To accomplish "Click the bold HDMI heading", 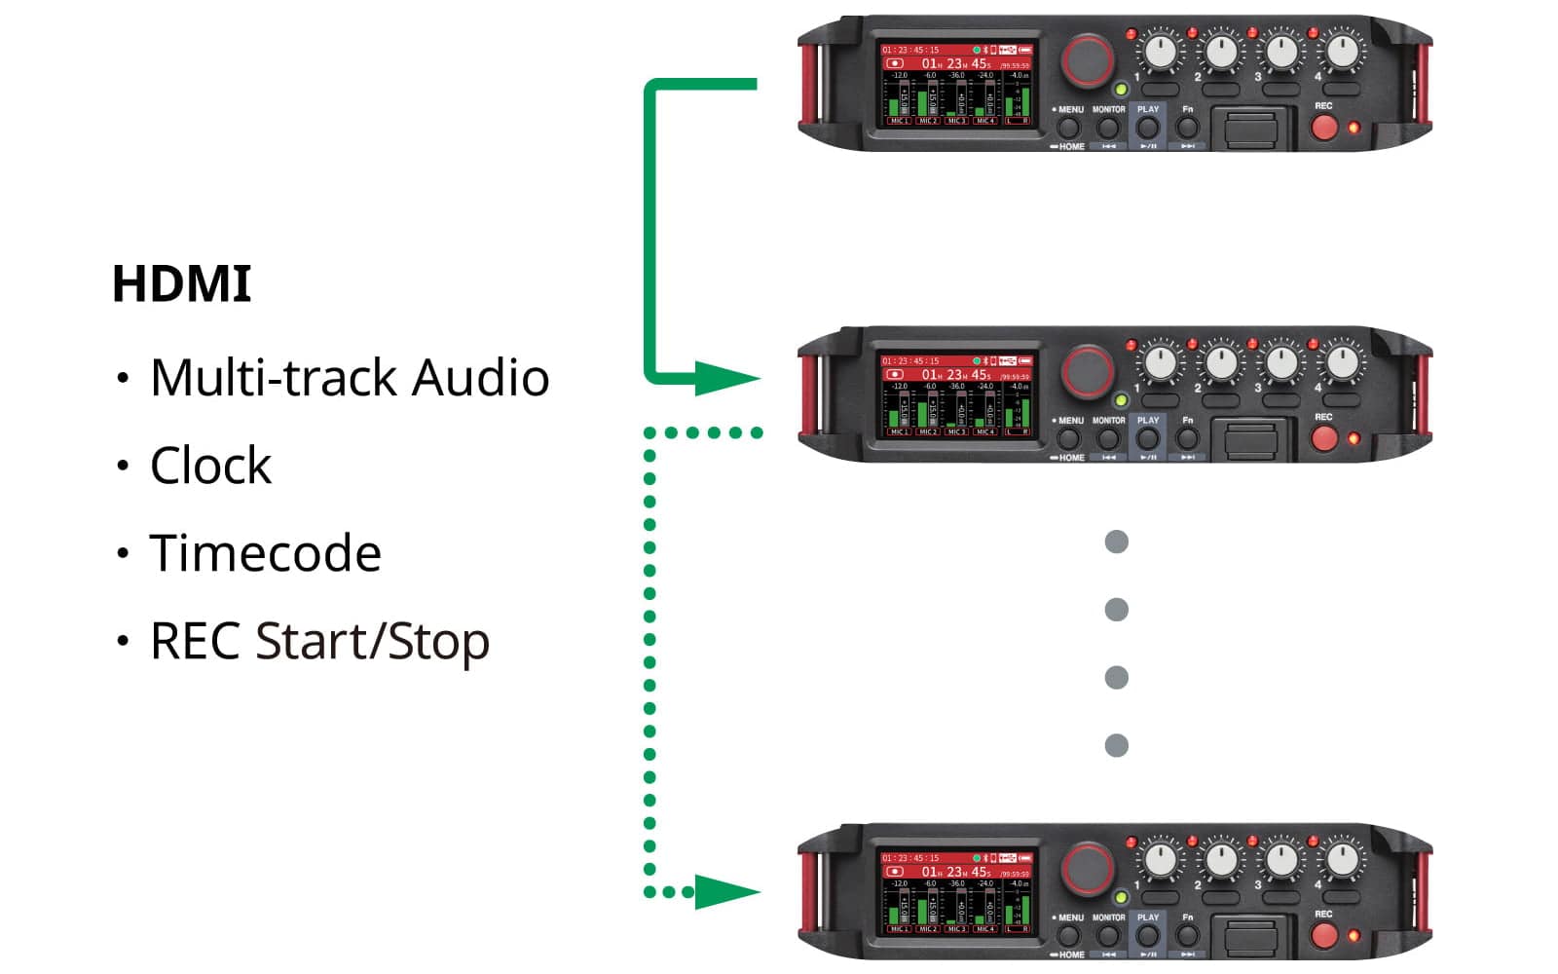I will point(182,284).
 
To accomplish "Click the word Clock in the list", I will point(210,466).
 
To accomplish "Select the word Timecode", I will point(265,553).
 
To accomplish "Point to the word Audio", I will point(480,377).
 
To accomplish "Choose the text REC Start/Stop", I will point(319,642).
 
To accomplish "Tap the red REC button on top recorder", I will point(1324,127).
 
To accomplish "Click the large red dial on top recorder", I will point(1088,60).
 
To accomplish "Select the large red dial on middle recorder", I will point(1088,372).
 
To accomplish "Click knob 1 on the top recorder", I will point(1160,51).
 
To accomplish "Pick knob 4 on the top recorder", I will point(1342,51).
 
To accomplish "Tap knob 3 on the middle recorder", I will point(1281,362).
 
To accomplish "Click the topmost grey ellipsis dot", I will point(1117,542).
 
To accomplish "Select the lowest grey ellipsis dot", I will point(1117,746).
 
